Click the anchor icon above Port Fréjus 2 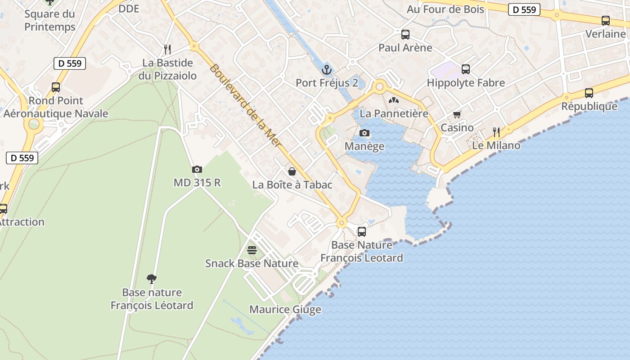pos(327,70)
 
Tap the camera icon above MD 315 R pos(197,170)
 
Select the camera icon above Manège pos(364,133)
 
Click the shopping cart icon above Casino pos(457,115)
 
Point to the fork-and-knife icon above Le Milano pos(496,132)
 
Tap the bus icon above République pos(589,93)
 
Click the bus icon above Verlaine pos(605,21)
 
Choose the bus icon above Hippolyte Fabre pos(466,69)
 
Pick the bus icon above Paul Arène pos(405,34)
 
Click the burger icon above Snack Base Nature pos(252,250)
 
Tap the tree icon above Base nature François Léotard pos(152,279)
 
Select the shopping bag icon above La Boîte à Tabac pos(292,171)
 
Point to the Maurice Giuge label pos(285,310)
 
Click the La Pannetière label pos(394,113)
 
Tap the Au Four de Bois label pos(445,9)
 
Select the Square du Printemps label pos(50,20)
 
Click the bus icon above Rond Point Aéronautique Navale pos(56,87)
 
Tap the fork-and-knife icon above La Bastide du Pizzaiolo pos(167,49)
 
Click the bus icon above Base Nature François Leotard pos(361,232)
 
